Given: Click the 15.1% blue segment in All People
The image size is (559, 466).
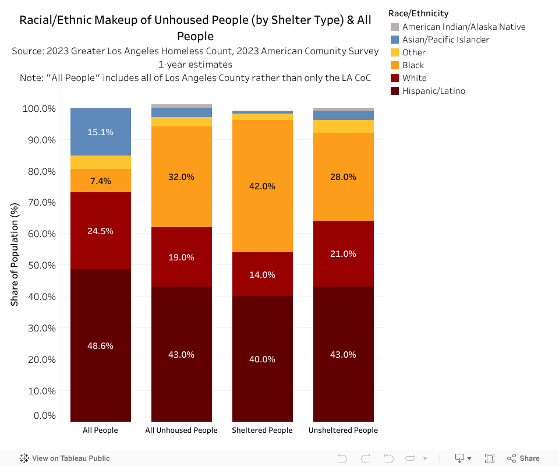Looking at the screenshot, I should tap(100, 132).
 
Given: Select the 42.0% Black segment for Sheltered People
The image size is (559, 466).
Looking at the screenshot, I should tap(262, 186).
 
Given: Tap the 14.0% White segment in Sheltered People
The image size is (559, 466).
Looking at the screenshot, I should tap(262, 274).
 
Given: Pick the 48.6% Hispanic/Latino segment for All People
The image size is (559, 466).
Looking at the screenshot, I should tap(100, 345).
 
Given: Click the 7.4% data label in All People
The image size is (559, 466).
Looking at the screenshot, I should tap(100, 181).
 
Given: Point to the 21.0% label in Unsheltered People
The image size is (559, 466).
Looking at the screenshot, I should tap(343, 253).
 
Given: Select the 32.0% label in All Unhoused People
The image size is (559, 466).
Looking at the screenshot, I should tap(181, 176).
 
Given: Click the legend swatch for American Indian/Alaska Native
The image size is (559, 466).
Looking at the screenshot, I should tap(395, 27).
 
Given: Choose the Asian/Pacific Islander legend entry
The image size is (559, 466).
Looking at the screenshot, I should tap(445, 40).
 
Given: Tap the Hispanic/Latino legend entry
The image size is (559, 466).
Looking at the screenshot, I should tap(433, 91).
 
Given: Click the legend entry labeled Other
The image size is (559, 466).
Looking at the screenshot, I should tap(413, 52).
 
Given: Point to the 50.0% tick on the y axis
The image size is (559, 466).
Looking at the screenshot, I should tap(39, 265).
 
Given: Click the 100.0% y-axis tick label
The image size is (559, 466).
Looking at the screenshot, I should tap(39, 108).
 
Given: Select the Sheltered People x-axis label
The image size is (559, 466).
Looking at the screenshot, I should tap(262, 430).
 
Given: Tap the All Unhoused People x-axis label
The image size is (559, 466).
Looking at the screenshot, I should tap(181, 430).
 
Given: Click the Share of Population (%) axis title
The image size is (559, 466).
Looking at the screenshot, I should tap(15, 254).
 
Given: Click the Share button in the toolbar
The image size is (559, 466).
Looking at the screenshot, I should tap(523, 458).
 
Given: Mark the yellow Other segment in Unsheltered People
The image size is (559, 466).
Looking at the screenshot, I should tap(343, 126).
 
